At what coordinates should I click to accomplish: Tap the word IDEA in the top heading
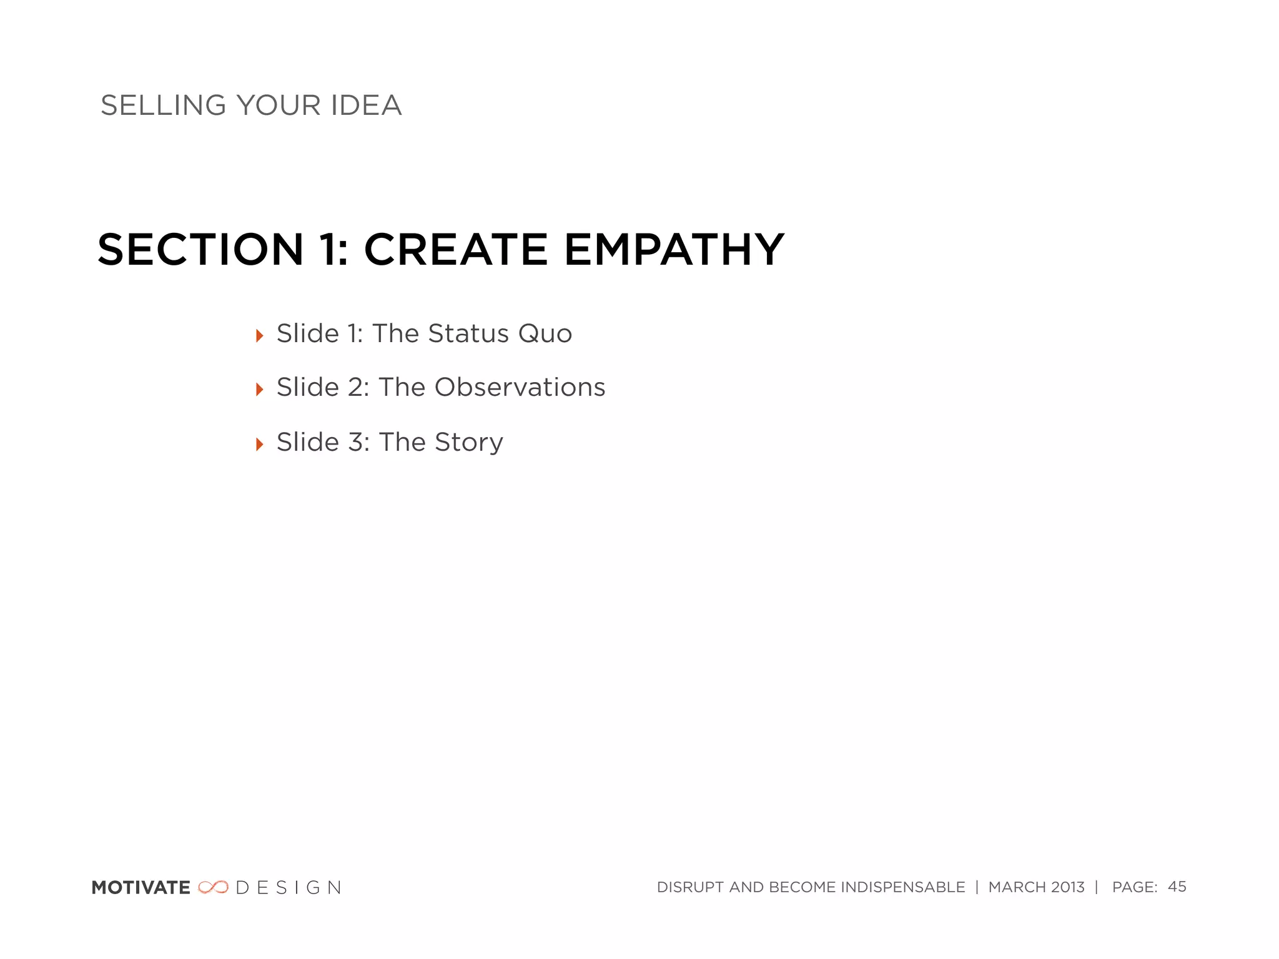[366, 106]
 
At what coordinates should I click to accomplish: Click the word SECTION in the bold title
[200, 250]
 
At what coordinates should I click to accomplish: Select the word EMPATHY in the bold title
[674, 250]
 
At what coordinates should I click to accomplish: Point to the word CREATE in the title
[456, 250]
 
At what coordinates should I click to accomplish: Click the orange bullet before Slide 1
[260, 336]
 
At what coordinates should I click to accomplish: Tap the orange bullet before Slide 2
[260, 390]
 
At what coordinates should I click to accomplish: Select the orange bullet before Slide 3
[260, 444]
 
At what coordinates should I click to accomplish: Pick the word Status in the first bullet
[468, 334]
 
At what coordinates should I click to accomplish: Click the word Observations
[520, 388]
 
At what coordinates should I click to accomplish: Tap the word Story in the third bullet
[469, 443]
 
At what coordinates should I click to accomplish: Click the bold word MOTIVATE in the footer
[141, 888]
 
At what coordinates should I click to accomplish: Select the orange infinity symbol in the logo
[213, 887]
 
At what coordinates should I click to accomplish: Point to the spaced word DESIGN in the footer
[289, 888]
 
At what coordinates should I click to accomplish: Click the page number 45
[1177, 887]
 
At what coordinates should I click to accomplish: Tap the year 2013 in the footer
[1068, 887]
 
